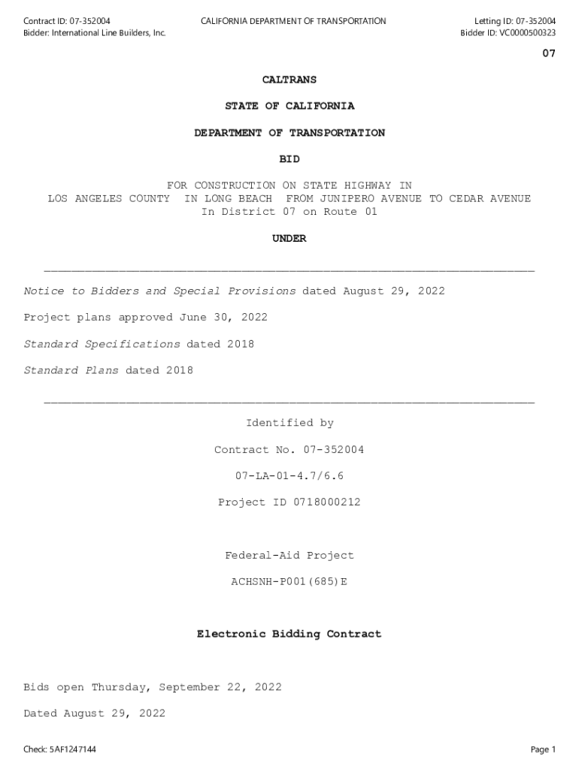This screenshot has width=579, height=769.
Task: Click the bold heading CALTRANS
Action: [x=289, y=80]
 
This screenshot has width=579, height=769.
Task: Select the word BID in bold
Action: [x=289, y=159]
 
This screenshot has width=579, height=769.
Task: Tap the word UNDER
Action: [x=289, y=239]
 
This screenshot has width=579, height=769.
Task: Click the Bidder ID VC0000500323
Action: [x=527, y=33]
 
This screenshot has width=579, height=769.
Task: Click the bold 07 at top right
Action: [x=548, y=54]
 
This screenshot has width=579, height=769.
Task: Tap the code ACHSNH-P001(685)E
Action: [x=289, y=582]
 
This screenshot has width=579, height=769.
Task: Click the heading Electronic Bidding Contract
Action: [x=289, y=635]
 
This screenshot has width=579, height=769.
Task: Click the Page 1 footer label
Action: [x=542, y=749]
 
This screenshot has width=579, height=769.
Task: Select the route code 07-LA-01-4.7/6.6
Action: [x=289, y=476]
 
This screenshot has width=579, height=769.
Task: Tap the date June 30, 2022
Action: [x=223, y=318]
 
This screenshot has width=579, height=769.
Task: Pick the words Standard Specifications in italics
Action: [x=102, y=344]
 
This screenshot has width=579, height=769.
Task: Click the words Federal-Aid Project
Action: [x=289, y=556]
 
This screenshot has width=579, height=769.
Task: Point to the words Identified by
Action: [x=289, y=424]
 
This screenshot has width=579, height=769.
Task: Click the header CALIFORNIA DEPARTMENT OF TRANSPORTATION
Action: [x=293, y=21]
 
